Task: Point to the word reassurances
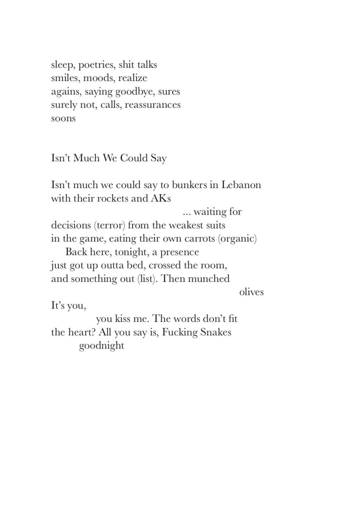pos(153,105)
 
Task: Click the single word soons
pos(63,118)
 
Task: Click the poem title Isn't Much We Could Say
pos(109,158)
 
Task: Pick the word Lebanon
pos(241,185)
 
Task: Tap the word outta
pos(112,265)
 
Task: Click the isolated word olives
pos(251,292)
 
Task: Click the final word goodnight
pos(102,346)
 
